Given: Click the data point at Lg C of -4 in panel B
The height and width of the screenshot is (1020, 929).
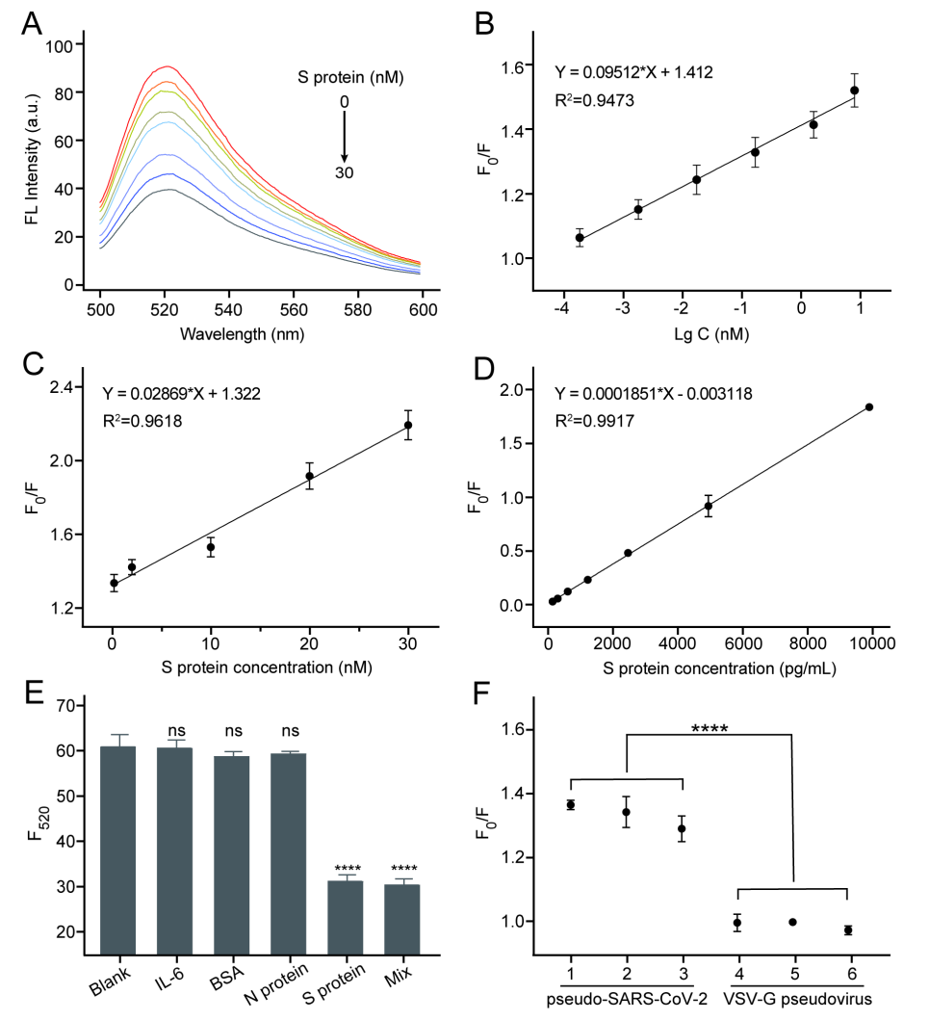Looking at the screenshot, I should click(580, 237).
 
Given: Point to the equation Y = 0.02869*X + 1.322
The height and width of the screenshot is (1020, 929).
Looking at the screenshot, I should click(181, 393).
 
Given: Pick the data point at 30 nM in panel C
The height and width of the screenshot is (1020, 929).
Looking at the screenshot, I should click(408, 425).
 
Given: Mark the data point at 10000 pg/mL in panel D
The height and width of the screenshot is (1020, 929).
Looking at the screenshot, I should click(869, 406).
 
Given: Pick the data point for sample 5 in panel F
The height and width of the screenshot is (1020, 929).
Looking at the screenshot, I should click(792, 922).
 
